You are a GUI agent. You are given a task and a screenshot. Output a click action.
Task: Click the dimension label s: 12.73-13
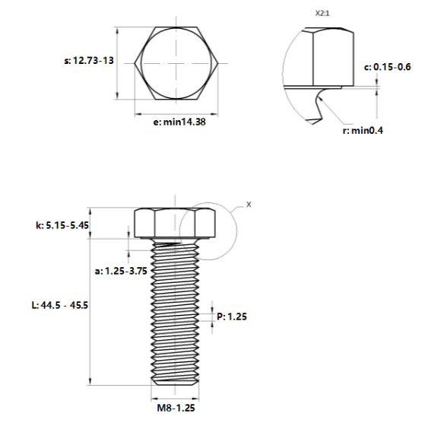(x=89, y=61)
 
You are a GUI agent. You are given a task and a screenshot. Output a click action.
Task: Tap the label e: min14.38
(x=179, y=122)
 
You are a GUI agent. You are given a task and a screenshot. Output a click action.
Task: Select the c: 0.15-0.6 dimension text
(x=387, y=67)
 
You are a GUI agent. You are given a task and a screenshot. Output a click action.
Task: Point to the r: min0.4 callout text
(x=363, y=131)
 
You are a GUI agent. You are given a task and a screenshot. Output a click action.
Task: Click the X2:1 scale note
(x=322, y=13)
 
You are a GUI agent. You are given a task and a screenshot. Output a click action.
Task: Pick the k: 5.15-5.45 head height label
(x=62, y=225)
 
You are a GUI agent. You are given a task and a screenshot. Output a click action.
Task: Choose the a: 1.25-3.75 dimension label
(x=121, y=271)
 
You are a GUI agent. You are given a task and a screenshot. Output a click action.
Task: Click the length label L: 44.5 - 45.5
(x=60, y=305)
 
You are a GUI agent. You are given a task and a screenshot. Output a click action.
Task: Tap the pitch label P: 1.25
(x=232, y=316)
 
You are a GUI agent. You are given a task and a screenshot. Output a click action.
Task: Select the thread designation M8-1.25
(x=176, y=408)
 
